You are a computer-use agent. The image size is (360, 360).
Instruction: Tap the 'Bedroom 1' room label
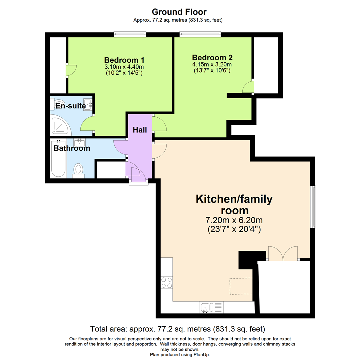[x=124, y=60]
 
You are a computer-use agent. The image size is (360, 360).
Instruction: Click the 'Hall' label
[x=140, y=130]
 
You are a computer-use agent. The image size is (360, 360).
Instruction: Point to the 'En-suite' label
[x=70, y=106]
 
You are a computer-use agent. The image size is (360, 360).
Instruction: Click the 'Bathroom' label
[x=72, y=148]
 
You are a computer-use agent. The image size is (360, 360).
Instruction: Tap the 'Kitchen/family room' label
[x=234, y=205]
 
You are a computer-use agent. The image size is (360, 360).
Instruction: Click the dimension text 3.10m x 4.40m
[x=124, y=67]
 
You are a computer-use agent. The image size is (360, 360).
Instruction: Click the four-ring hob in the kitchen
[x=167, y=283]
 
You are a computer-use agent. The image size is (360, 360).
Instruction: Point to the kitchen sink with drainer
[x=211, y=307]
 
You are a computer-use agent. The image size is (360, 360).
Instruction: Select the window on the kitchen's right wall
[x=313, y=207]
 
